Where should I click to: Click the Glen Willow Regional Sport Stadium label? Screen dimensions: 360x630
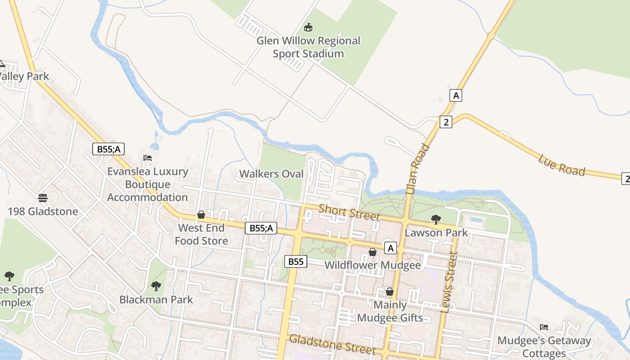tap(308, 47)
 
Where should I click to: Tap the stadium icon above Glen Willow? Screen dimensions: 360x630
tap(308, 28)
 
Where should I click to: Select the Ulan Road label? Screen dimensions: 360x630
tap(417, 169)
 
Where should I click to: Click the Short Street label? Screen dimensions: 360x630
tap(349, 212)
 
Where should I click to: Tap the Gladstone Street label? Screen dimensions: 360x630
tap(332, 344)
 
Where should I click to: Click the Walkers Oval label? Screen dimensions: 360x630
tap(271, 174)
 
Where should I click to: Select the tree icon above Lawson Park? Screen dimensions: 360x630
tap(436, 220)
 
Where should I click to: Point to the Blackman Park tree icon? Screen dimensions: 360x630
tap(156, 286)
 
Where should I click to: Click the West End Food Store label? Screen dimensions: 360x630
tap(201, 234)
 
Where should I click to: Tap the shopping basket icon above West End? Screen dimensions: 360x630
tap(201, 215)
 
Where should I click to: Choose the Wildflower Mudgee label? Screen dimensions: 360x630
tap(373, 265)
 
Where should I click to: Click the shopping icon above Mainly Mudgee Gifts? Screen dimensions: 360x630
tap(390, 292)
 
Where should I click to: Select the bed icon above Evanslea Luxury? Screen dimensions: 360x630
tap(148, 158)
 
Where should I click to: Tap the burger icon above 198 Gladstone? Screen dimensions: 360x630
tap(43, 198)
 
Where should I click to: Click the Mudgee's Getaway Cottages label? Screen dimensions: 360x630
tap(544, 347)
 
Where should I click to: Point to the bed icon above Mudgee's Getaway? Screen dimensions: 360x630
tap(544, 327)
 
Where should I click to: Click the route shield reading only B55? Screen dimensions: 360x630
tap(296, 261)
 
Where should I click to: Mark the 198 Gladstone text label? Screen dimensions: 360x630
tap(43, 211)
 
